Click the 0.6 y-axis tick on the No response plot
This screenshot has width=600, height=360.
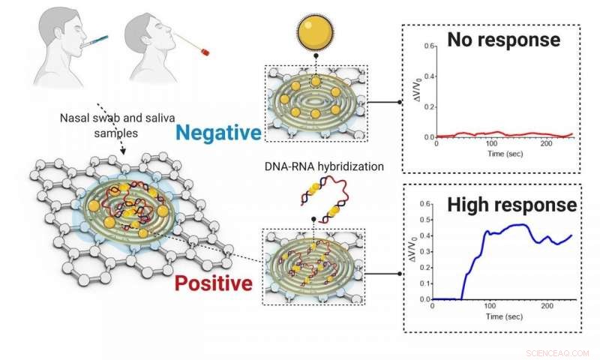point(429,46)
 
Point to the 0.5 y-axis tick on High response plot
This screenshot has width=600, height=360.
point(429,220)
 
